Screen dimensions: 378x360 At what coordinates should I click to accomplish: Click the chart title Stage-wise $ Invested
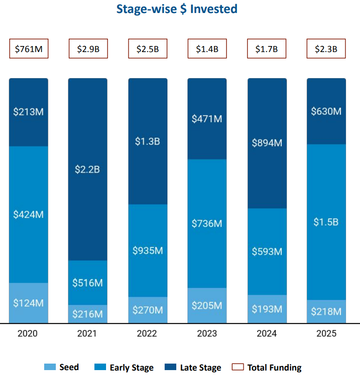coord(177,9)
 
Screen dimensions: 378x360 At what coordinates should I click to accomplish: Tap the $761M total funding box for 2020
coord(28,49)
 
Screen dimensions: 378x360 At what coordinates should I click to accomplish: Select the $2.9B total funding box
coord(88,49)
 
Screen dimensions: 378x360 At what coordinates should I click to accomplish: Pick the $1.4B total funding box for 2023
coord(207,49)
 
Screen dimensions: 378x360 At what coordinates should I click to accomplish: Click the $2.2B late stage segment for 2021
coord(88,169)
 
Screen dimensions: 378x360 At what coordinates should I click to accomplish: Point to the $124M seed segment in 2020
coord(28,303)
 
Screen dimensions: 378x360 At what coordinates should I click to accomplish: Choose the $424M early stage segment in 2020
coord(28,214)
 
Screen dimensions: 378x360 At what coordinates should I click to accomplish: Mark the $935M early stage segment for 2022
coord(147,251)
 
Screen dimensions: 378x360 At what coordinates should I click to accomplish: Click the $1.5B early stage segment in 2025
coord(326,222)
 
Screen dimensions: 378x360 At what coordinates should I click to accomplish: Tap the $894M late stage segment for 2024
coord(267,143)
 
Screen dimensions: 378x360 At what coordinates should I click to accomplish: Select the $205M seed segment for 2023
coord(207,305)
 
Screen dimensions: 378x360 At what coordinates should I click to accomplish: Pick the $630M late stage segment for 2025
coord(326,112)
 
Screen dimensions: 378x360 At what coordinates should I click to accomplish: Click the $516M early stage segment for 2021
coord(88,283)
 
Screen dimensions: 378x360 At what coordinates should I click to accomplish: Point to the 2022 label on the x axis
coord(147,333)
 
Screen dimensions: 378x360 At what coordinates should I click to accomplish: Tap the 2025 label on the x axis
coord(326,333)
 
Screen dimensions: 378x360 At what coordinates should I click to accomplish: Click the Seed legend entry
coord(62,367)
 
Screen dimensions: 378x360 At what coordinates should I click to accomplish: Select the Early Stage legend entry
coord(124,367)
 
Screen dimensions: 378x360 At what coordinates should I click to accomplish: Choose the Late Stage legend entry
coord(193,367)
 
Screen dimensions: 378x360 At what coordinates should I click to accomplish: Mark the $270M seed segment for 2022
coord(147,310)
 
